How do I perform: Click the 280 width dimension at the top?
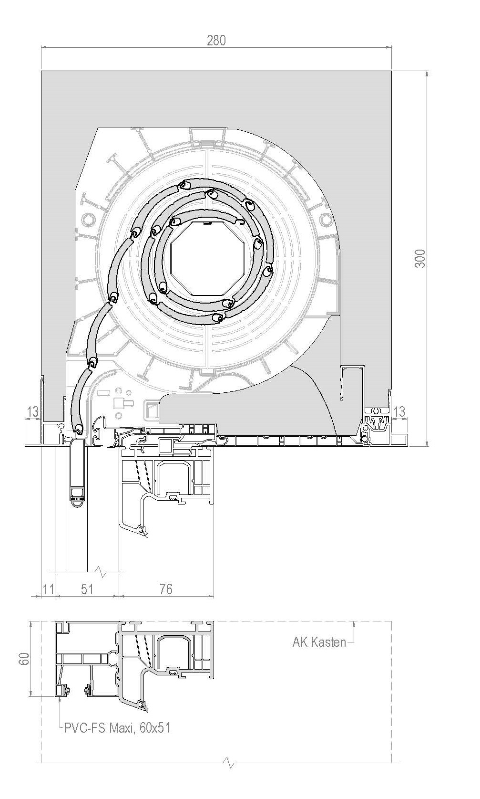(x=216, y=40)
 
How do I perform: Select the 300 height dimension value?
(x=420, y=259)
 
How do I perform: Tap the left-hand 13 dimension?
(x=32, y=411)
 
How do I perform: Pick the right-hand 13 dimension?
(x=399, y=411)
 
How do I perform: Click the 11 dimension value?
(x=49, y=589)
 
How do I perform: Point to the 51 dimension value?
(x=87, y=589)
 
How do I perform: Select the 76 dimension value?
(x=166, y=589)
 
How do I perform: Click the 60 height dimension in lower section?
(x=24, y=659)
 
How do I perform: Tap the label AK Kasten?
(x=319, y=642)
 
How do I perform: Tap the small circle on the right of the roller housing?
(x=326, y=220)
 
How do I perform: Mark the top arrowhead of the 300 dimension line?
(x=427, y=74)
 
